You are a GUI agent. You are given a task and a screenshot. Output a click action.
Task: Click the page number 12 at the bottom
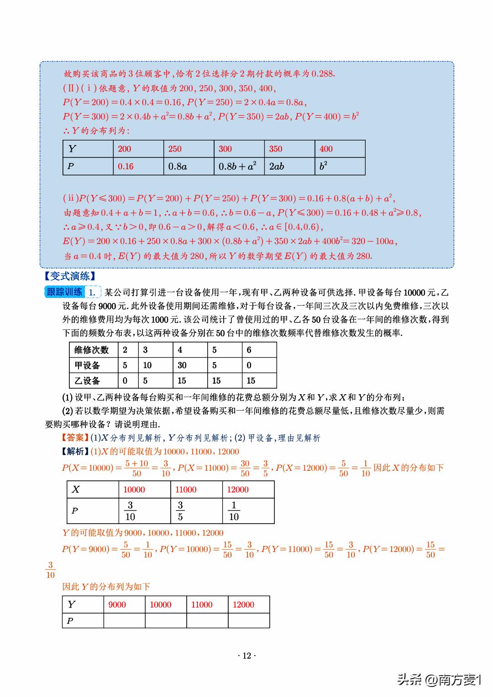(246, 655)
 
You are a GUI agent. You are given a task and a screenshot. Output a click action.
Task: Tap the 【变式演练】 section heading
(70, 276)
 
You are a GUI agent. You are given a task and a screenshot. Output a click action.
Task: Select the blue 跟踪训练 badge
(64, 292)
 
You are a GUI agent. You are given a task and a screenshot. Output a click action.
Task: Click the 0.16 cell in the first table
(126, 166)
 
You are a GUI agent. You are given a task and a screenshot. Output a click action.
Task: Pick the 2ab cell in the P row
(277, 166)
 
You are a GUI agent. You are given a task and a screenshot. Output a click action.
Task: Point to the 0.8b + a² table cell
(237, 166)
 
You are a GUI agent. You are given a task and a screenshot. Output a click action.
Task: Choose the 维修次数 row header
(91, 350)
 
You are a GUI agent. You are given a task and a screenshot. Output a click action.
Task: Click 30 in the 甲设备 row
(182, 365)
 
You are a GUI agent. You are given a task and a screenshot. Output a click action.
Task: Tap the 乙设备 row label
(87, 380)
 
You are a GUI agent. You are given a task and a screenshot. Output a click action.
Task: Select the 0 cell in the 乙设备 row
(125, 380)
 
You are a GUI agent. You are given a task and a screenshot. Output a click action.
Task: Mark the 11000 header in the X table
(186, 489)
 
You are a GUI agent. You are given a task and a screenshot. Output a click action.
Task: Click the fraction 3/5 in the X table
(180, 511)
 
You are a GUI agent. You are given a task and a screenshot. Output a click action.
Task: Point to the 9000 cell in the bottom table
(117, 604)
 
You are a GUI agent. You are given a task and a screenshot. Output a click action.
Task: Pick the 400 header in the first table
(326, 149)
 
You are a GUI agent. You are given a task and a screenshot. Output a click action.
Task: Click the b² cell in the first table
(323, 166)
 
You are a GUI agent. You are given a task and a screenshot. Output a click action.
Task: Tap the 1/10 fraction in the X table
(234, 511)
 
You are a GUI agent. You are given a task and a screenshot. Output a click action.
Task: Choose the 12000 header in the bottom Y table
(243, 604)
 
